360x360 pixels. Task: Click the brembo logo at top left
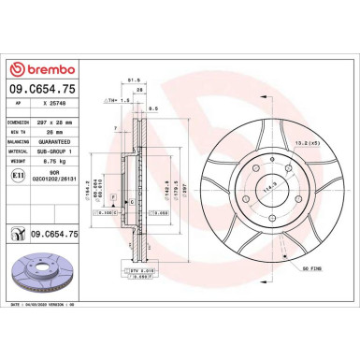(x=41, y=69)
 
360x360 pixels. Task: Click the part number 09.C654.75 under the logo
(x=42, y=90)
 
